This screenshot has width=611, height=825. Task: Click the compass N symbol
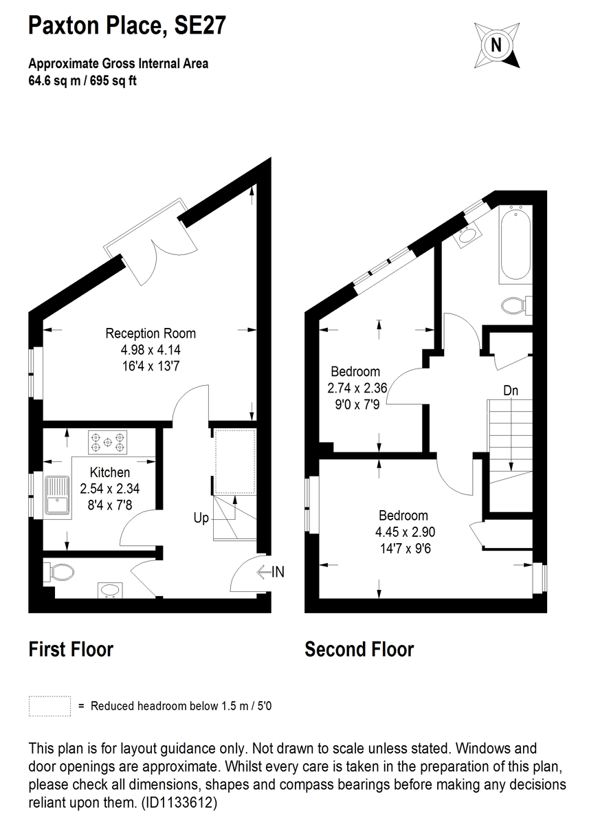click(496, 45)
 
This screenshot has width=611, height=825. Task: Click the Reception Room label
click(151, 333)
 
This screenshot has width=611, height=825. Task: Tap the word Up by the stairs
click(200, 518)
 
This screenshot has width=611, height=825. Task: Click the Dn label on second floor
click(510, 390)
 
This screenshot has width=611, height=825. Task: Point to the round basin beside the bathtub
click(469, 235)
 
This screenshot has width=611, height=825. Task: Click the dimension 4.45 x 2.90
click(405, 531)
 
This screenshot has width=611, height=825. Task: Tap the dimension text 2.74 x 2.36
click(357, 388)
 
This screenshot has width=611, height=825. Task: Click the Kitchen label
click(110, 472)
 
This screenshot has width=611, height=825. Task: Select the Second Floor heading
click(359, 649)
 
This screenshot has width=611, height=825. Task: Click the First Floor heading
click(71, 649)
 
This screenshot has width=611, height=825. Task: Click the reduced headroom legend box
click(49, 705)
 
